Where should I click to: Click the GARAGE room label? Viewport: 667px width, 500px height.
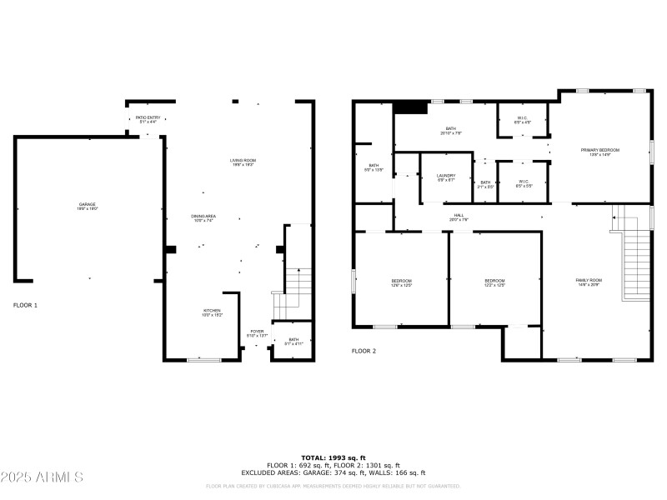click(x=88, y=206)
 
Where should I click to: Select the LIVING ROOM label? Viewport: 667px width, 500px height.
click(x=243, y=162)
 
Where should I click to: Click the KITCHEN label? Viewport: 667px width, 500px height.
click(x=211, y=312)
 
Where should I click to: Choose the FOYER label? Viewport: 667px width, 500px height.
click(x=258, y=333)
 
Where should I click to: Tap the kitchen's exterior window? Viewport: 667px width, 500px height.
click(x=203, y=359)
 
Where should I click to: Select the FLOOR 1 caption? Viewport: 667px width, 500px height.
click(x=25, y=305)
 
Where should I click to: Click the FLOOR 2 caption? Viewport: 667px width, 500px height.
click(x=364, y=351)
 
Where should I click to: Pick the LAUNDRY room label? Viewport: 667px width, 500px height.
click(x=446, y=177)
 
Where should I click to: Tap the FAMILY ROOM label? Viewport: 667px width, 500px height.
click(x=588, y=282)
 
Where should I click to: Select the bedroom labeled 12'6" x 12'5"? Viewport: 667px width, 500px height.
click(x=402, y=283)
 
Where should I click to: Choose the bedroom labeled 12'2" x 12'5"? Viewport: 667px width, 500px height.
click(x=494, y=283)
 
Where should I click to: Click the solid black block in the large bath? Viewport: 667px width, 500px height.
click(x=409, y=107)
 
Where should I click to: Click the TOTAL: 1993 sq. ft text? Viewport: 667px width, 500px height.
click(x=333, y=458)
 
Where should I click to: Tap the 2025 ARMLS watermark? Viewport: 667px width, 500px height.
click(x=43, y=477)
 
